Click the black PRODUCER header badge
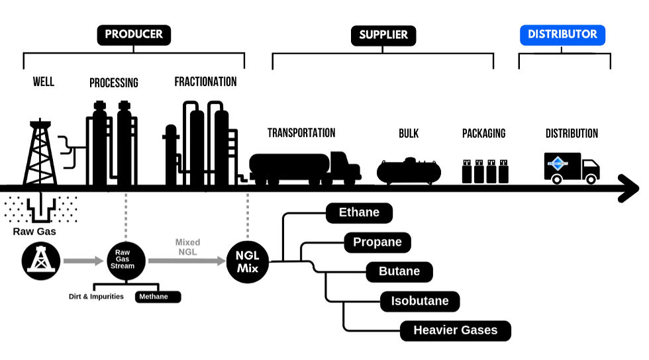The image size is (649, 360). click(134, 34)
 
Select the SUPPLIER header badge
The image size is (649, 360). click(383, 35)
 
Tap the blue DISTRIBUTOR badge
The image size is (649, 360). click(562, 34)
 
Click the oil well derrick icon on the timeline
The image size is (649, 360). click(40, 154)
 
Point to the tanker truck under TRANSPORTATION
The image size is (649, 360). click(304, 167)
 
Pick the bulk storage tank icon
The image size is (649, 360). click(409, 170)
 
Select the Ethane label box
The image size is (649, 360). click(359, 213)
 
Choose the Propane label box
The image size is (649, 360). click(377, 242)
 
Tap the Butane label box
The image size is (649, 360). click(399, 271)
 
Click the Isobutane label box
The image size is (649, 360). click(419, 301)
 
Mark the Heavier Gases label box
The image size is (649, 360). click(455, 330)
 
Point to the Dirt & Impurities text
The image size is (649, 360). click(97, 296)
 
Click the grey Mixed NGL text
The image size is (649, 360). click(187, 247)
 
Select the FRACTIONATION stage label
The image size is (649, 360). click(205, 82)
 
